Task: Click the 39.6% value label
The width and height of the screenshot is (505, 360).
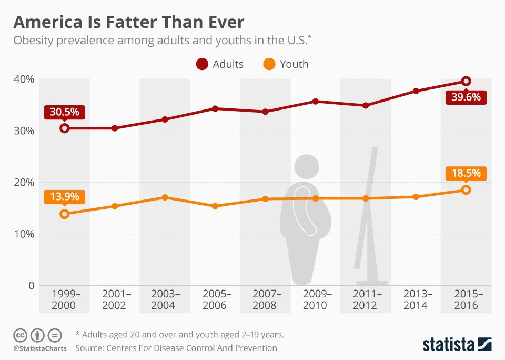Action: coord(466,97)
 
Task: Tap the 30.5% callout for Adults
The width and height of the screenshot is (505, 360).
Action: coord(64,112)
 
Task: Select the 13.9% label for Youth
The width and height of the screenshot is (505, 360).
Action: coord(64,197)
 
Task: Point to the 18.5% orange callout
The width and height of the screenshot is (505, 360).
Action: coord(466,173)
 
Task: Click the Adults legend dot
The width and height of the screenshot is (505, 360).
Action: coord(202,64)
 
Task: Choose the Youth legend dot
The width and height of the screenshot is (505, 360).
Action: coord(269,64)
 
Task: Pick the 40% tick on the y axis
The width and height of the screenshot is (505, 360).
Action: coord(23,79)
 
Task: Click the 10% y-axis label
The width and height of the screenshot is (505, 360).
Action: coord(23,234)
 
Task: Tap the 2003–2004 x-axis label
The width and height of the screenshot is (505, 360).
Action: coord(165,299)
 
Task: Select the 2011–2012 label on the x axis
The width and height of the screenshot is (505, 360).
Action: coord(366,299)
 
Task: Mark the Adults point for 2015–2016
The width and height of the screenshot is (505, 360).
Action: coord(466,81)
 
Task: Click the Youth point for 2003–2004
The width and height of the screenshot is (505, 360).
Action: coord(165,197)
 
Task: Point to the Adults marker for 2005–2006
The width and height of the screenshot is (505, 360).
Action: coord(215,108)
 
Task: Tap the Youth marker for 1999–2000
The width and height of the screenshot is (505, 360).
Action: coord(64,214)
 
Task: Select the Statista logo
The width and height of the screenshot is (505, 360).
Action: coord(457,344)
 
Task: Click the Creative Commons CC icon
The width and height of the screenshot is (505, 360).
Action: coord(20,335)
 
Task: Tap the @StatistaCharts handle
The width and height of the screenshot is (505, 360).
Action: coord(40,348)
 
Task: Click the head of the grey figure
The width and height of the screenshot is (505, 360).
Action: coord(306,166)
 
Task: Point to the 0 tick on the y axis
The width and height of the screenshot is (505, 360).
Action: coord(31,286)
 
